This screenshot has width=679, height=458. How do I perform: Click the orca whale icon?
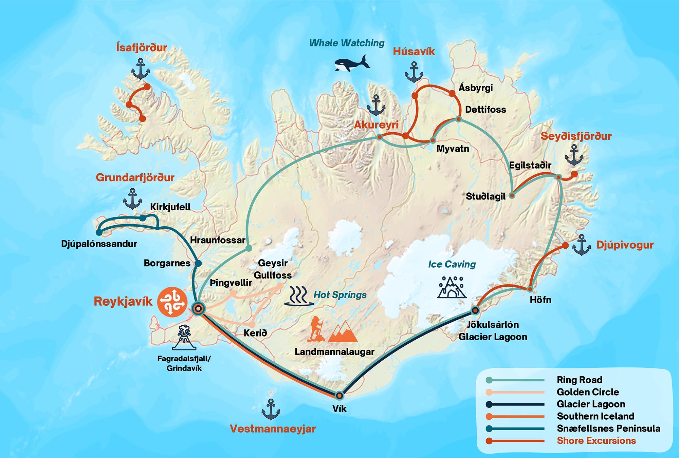(x=352, y=63)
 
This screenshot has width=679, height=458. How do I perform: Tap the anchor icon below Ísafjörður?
(x=140, y=69)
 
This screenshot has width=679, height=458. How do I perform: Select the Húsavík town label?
(x=414, y=52)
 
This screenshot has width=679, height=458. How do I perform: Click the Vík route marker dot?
(x=339, y=396)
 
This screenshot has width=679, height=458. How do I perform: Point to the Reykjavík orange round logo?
(x=172, y=302)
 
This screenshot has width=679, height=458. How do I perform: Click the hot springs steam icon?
(x=298, y=295)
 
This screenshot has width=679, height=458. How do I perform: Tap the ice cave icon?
(x=452, y=287)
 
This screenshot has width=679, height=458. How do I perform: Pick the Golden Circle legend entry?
(x=588, y=392)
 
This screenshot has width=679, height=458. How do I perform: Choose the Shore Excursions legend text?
(x=596, y=441)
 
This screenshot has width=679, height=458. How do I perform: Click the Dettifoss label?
(x=485, y=110)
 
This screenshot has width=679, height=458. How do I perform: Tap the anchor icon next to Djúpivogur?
(x=582, y=245)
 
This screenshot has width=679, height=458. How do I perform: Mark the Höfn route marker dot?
(x=530, y=289)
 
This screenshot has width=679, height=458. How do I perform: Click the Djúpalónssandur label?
(x=99, y=244)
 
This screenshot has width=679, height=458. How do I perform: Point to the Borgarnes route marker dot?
(x=198, y=263)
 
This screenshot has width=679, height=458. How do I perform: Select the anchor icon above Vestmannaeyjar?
(x=271, y=409)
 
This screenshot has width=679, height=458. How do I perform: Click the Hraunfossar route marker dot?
(x=249, y=248)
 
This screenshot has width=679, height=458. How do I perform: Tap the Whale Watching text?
(x=347, y=43)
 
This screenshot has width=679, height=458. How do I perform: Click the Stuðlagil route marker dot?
(x=512, y=195)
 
